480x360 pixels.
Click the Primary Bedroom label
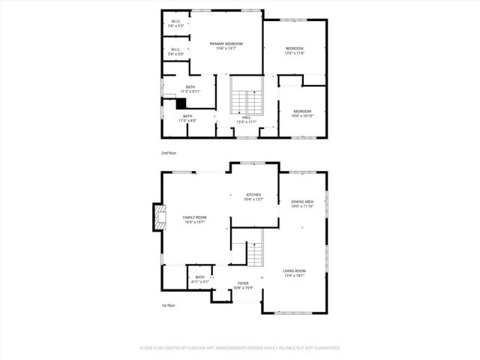click(227, 46)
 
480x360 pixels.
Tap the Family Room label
click(195, 219)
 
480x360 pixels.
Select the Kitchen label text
click(253, 196)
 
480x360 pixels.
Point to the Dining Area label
click(302, 204)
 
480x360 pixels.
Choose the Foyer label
click(243, 285)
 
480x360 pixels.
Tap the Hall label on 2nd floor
click(246, 120)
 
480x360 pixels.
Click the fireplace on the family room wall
click(158, 218)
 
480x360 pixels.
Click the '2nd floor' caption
click(169, 153)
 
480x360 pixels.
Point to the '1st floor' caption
click(169, 305)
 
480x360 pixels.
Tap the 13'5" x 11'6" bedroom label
click(294, 50)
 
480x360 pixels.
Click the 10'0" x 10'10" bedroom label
click(302, 114)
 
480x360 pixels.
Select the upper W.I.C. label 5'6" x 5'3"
click(175, 23)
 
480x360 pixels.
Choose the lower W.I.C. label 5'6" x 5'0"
click(175, 52)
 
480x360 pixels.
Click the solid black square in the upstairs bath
click(181, 103)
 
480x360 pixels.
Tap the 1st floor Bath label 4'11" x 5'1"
click(199, 280)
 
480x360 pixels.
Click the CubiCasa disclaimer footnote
click(240, 348)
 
